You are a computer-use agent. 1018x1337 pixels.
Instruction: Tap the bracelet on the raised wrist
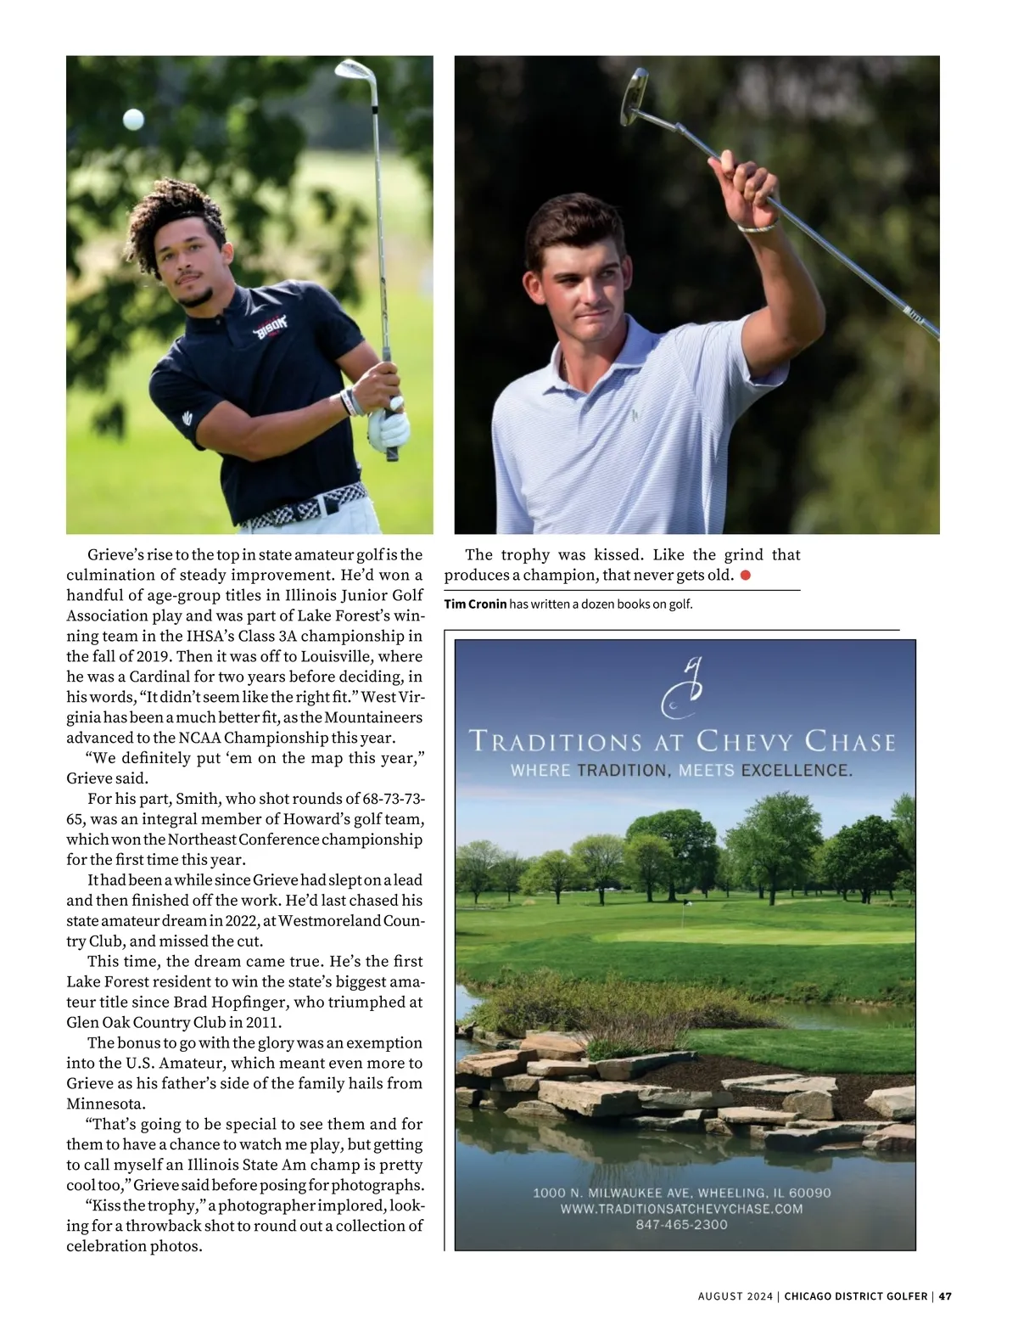coord(758,227)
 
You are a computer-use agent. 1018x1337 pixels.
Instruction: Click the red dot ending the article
coord(746,576)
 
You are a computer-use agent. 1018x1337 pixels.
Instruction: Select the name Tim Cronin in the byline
coord(475,604)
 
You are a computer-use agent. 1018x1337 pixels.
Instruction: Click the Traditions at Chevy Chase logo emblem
coord(683,688)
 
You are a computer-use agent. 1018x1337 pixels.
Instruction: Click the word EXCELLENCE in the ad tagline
coord(796,771)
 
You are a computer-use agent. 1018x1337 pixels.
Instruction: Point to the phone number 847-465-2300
coord(681,1225)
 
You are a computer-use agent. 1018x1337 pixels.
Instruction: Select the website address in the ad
coord(681,1209)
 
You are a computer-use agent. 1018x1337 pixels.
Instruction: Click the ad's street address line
coord(681,1193)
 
